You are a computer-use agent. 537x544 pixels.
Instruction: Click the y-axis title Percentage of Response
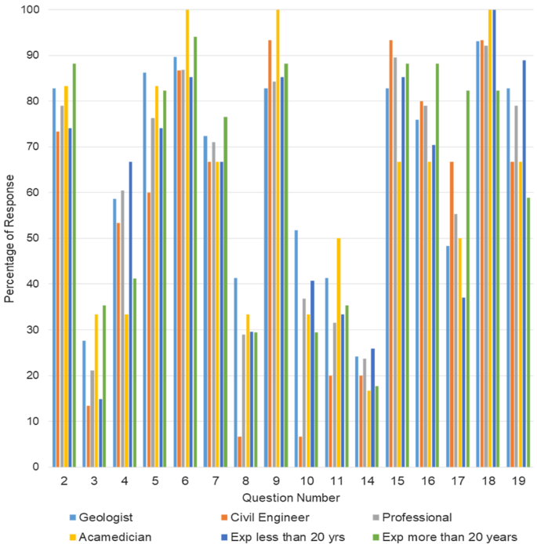tap(10, 238)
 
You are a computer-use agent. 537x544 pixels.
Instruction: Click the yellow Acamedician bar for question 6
tap(187, 238)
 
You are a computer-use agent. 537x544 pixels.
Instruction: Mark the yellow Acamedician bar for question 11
tap(339, 353)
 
